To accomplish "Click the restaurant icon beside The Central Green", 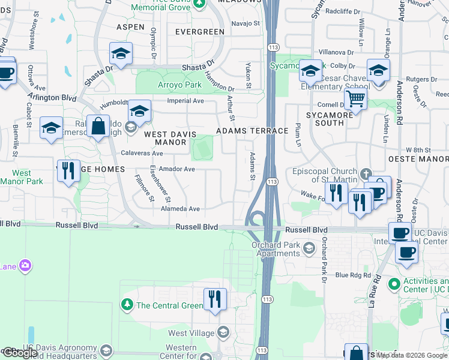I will (x=215, y=298).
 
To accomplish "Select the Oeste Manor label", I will (x=418, y=159).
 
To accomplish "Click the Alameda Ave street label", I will (x=180, y=209).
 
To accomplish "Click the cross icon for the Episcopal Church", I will (x=367, y=175).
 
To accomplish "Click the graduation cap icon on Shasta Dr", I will (x=121, y=53).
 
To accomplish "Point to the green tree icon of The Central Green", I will (x=127, y=305).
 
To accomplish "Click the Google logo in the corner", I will (x=20, y=353).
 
